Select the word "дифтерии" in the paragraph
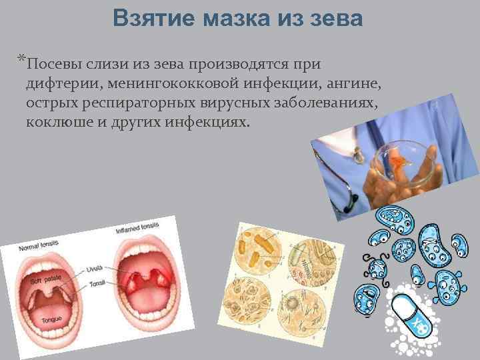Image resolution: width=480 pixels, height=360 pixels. (x=57, y=84)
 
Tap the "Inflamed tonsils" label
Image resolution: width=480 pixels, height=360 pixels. (x=137, y=229)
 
